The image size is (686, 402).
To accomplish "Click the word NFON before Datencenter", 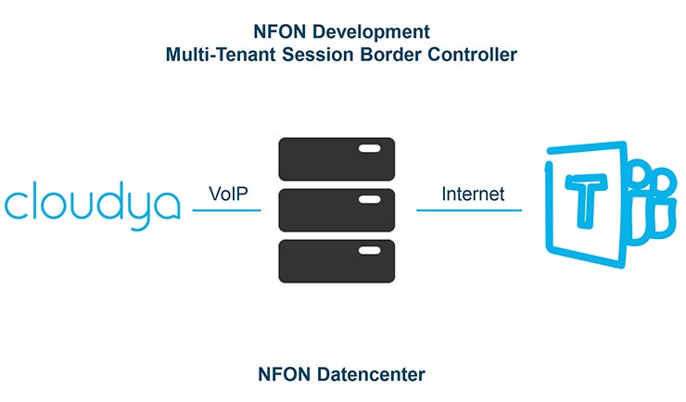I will (283, 374).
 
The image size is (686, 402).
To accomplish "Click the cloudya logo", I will (91, 203).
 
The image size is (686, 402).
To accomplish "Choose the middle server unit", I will (337, 211).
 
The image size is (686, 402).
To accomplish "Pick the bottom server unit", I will (337, 262).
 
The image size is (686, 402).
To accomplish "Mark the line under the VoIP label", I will (227, 211).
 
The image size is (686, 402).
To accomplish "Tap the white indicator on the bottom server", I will (369, 251).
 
